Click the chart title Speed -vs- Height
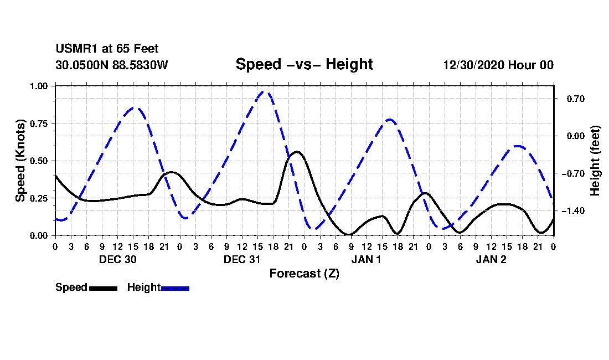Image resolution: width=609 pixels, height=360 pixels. pos(304,64)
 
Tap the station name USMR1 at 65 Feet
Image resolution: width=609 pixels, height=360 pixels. pos(107,49)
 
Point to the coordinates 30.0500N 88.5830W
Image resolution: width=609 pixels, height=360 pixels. pos(112,65)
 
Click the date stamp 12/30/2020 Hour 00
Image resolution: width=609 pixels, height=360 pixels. pos(498,65)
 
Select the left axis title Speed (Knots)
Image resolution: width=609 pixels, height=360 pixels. pos(20,161)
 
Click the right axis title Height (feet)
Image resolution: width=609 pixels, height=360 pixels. pos(595,161)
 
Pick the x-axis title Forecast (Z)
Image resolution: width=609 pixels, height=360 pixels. pos(304,274)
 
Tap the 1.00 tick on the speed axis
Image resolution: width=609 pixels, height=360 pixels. pos(38,86)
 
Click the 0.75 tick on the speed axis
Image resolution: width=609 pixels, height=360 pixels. pos(38,124)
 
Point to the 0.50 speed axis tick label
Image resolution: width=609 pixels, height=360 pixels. pos(38,161)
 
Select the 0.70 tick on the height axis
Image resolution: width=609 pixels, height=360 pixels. pos(576,99)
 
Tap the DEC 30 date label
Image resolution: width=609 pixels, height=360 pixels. pos(118,259)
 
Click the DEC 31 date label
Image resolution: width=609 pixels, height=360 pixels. pos(242,259)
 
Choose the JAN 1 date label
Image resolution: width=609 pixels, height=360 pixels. pos(367,259)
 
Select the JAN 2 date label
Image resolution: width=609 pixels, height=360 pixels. pos(491,259)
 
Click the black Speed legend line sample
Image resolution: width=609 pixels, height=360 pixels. pos(104,288)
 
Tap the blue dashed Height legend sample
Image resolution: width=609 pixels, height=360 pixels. pos(175,288)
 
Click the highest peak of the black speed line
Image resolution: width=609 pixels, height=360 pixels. pos(297,151)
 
